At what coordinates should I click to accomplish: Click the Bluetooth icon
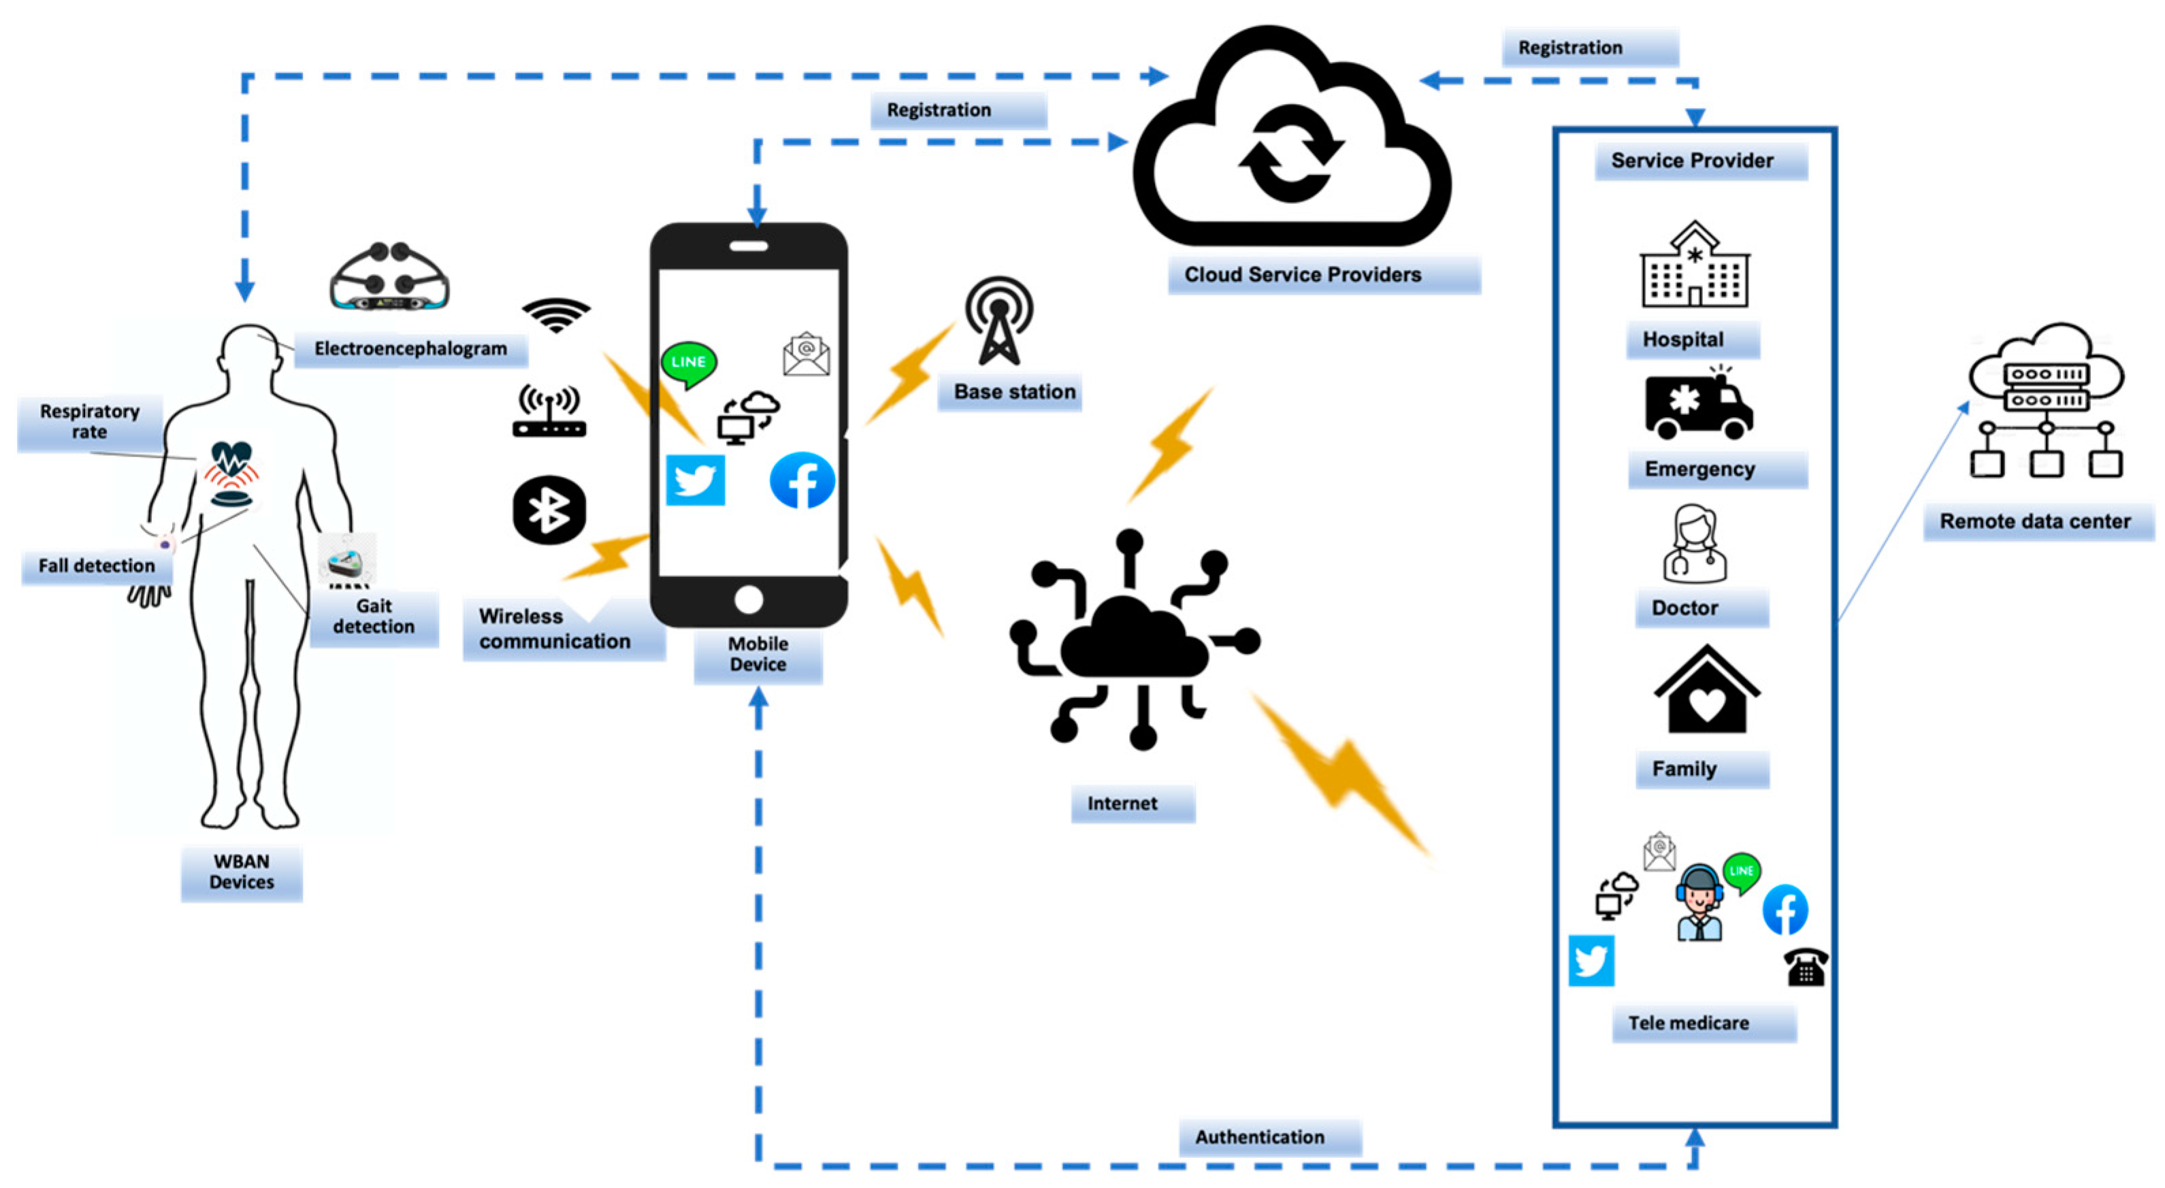click(549, 510)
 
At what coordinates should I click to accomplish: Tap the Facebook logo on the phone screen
click(802, 480)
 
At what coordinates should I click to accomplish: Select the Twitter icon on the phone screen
click(695, 480)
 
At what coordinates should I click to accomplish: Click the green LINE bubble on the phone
click(688, 363)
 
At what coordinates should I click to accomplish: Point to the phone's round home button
click(748, 600)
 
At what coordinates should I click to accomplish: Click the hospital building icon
click(1694, 265)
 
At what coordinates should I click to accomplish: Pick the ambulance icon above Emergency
click(1697, 406)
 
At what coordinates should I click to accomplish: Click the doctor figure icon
click(1694, 544)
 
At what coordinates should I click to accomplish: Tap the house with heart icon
click(1706, 691)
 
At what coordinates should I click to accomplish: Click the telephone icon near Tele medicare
click(1805, 967)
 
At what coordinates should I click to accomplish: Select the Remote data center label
click(2035, 521)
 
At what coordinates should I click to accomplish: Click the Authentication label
click(1260, 1137)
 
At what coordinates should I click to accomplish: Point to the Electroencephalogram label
click(410, 348)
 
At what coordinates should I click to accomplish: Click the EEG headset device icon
click(389, 277)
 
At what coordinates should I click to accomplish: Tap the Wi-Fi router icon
click(549, 412)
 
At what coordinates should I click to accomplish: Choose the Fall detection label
click(97, 565)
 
